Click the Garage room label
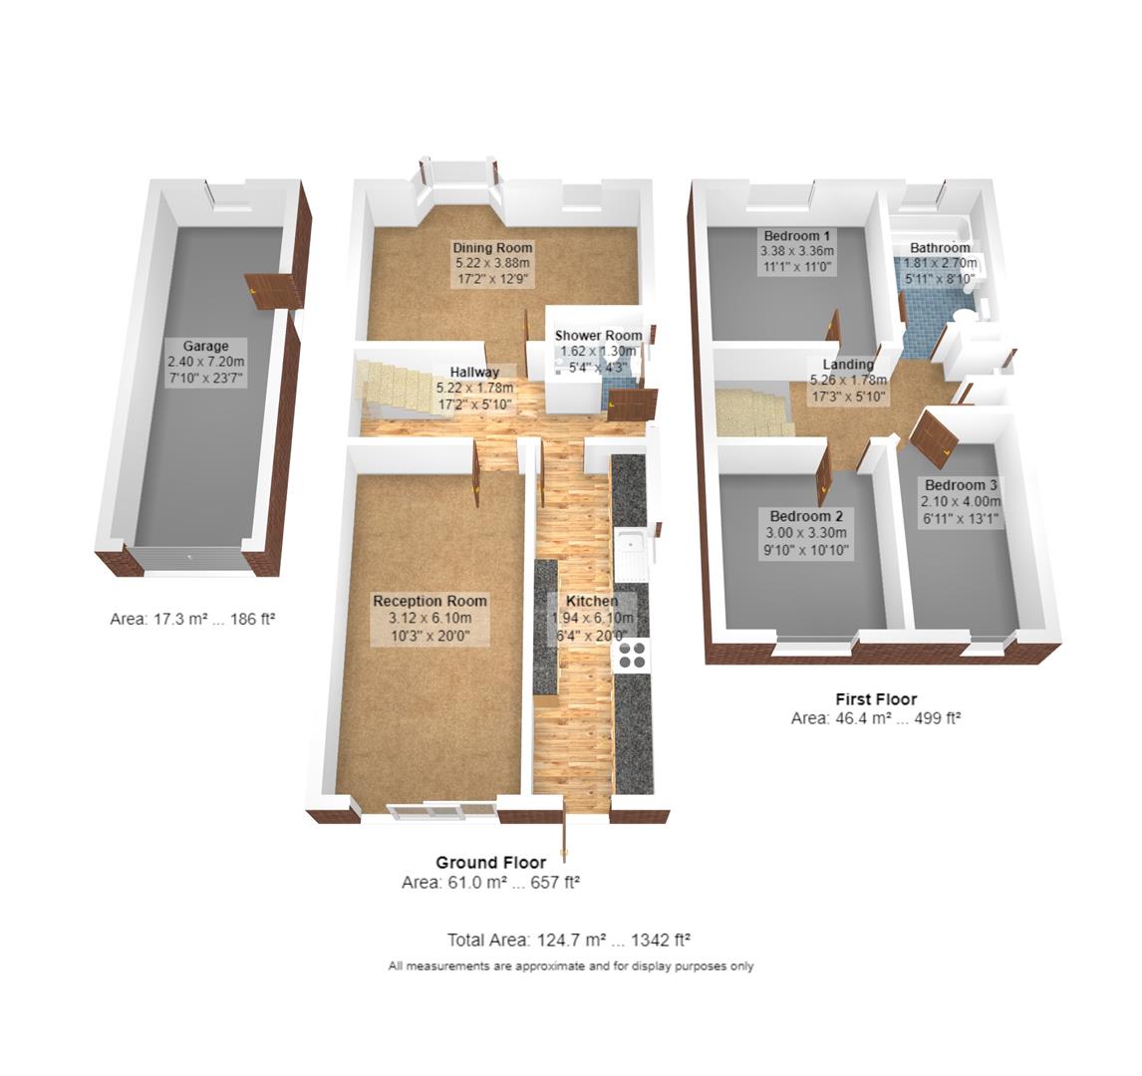[204, 346]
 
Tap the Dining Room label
[492, 247]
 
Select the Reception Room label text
[429, 601]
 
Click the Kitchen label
[592, 601]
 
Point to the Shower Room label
[598, 336]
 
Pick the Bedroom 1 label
[797, 235]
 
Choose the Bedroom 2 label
[806, 516]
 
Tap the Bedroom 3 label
[961, 485]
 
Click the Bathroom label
[939, 247]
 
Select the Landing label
[848, 365]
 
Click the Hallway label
[473, 373]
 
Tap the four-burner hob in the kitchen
[632, 655]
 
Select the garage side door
[273, 291]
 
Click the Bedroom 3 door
[936, 438]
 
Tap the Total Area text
[569, 940]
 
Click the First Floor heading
[875, 699]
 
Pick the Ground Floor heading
[490, 863]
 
